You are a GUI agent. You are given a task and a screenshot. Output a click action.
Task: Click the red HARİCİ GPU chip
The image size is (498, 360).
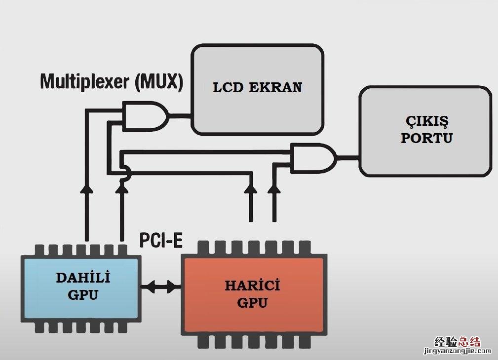[x=253, y=294]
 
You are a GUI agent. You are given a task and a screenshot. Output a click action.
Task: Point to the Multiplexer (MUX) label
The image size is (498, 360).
[x=112, y=81]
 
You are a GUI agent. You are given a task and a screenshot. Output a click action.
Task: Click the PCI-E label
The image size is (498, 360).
[x=161, y=240]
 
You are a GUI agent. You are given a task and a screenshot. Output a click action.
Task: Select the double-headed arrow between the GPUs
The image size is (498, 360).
[x=161, y=286]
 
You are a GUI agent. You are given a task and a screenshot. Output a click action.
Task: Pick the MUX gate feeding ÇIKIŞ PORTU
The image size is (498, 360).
[x=314, y=158]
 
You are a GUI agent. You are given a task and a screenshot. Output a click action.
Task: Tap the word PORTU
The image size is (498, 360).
[x=426, y=138]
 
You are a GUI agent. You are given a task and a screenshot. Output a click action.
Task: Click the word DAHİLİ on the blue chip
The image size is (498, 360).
[x=83, y=278]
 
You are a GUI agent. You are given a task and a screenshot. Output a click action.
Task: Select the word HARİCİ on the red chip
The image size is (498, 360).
[x=252, y=286]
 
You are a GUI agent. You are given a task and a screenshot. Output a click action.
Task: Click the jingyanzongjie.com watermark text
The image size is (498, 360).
[x=457, y=351]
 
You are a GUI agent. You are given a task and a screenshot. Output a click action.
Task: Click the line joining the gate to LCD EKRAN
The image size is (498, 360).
[x=180, y=117]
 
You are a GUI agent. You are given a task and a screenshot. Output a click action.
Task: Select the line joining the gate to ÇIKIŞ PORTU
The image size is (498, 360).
[x=348, y=158]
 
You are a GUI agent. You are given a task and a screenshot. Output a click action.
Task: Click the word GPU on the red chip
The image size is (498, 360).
[x=252, y=302]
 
